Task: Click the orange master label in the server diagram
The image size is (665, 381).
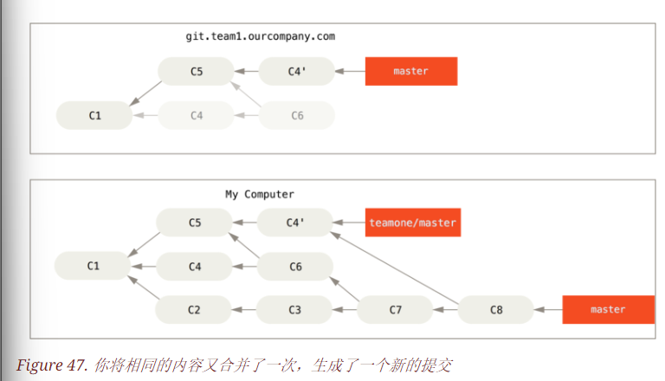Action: coord(410,71)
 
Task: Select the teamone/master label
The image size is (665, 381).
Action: coord(411,223)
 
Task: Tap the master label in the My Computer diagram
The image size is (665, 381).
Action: coord(607,309)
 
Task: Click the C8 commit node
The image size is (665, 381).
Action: coord(495,309)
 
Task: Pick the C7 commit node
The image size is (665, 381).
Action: coord(395,309)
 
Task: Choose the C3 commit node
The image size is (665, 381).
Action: coord(294,309)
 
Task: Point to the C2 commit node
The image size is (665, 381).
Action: coord(194,309)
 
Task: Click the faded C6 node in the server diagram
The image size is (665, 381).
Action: coord(296,115)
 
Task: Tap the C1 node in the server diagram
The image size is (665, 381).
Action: coord(94,115)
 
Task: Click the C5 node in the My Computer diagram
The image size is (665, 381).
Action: coord(194,223)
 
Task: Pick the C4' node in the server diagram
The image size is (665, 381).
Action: coord(296,71)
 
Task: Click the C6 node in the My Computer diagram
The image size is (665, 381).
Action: coord(294,267)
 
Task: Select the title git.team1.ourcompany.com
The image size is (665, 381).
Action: coord(260,36)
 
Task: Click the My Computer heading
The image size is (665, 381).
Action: coord(260,194)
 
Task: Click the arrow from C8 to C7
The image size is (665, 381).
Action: coord(445,309)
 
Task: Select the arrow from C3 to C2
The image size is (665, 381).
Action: coord(244,309)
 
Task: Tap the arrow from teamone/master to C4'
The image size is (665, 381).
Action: coord(349,223)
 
